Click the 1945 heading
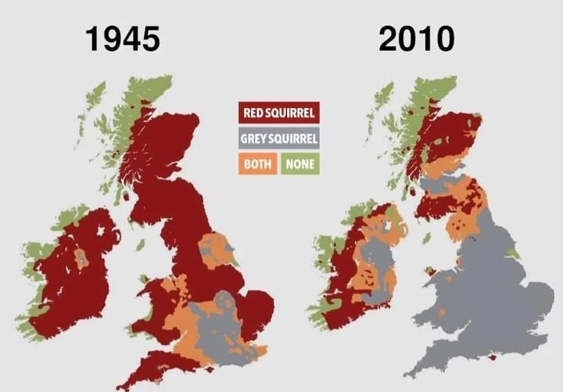point(123,38)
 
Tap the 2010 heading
point(416,38)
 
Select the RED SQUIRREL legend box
point(278,113)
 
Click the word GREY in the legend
point(258,139)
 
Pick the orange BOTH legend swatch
point(257,164)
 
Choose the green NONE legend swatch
point(299,164)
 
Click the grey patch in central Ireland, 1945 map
point(81,257)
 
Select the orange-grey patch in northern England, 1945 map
point(215,249)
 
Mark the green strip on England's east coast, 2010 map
point(513,254)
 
